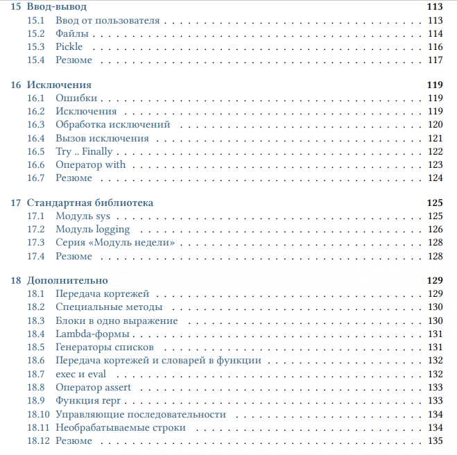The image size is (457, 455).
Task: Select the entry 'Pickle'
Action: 69,46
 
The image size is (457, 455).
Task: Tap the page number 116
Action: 435,46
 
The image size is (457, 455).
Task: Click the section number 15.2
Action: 36,33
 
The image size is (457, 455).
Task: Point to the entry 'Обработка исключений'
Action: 112,125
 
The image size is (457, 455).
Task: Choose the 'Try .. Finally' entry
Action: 84,151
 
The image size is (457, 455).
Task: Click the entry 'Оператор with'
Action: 91,164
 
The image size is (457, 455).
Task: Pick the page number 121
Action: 435,138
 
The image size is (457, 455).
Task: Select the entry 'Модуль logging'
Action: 92,229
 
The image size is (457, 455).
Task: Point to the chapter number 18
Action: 16,280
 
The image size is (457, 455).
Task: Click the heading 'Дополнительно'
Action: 67,280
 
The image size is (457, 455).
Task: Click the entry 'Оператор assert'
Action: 93,387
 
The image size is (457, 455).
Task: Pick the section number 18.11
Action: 38,427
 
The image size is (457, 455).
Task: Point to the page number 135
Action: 435,441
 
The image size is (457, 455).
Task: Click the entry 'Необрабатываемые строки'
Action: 121,427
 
